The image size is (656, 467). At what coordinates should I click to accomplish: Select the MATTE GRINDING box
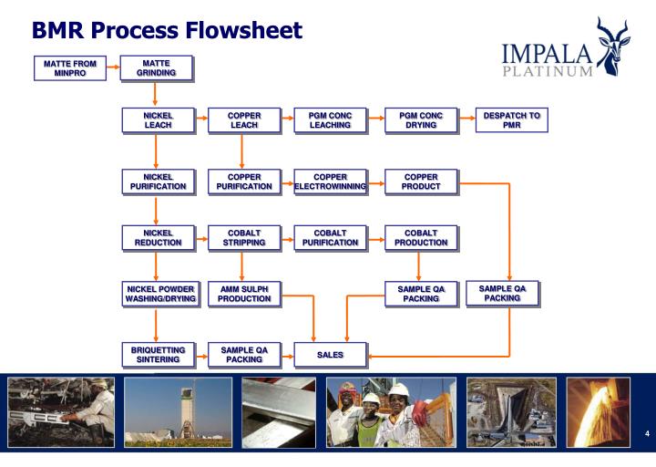[x=157, y=67]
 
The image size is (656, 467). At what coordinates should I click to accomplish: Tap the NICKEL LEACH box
[x=158, y=120]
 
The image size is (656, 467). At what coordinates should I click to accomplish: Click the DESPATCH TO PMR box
[x=511, y=120]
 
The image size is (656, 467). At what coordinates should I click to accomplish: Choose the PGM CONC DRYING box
[x=418, y=120]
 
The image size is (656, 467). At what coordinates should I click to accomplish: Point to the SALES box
[x=329, y=354]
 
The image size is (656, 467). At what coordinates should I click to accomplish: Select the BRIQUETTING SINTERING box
[x=158, y=354]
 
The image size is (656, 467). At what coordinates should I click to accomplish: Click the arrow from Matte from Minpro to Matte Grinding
[x=112, y=67]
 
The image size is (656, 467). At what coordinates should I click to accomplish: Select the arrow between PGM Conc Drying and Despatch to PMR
[x=465, y=120]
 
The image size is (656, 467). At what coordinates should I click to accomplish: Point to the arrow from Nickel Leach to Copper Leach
[x=200, y=120]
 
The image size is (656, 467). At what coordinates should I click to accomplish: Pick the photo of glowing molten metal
[x=598, y=405]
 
